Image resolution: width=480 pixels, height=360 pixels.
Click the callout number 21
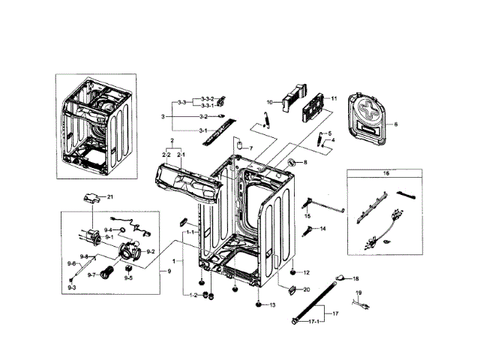point(109,196)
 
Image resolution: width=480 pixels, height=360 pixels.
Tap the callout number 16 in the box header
point(387,173)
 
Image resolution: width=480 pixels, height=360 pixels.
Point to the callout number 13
point(272,305)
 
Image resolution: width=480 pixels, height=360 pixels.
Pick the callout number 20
point(305,289)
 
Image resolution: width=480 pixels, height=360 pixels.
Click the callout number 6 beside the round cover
point(396,124)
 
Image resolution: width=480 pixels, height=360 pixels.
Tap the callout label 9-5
point(129,278)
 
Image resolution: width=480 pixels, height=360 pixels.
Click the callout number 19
point(358,292)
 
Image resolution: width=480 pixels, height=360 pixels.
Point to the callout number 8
point(305,162)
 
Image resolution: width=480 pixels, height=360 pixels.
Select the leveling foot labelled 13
point(259,305)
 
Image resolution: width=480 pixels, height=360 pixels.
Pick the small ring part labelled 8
point(290,163)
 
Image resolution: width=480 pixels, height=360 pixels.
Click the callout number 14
point(323,228)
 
